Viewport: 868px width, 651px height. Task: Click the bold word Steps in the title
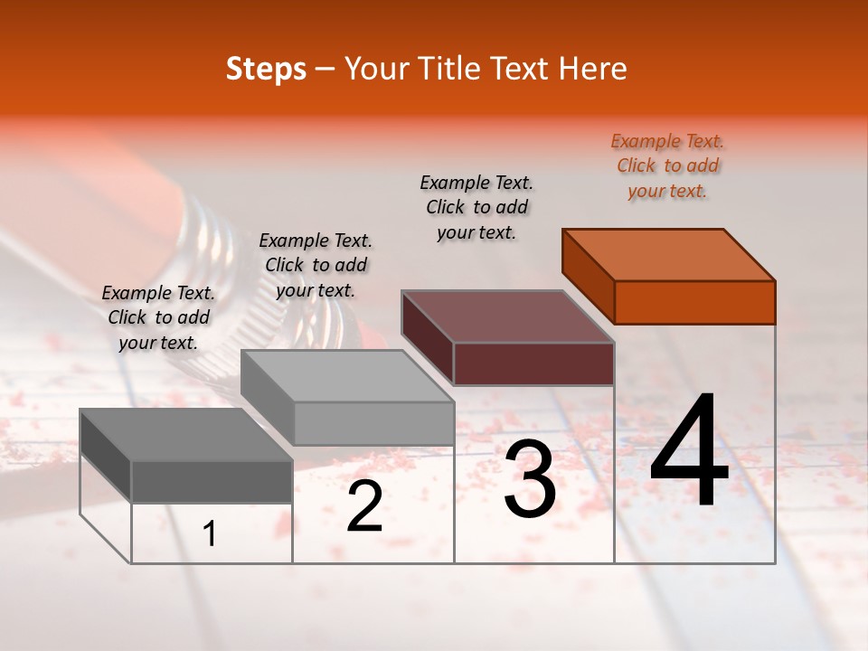point(266,69)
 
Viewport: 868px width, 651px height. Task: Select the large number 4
point(689,452)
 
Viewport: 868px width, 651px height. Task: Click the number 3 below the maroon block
point(530,479)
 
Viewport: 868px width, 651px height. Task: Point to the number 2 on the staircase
point(364,507)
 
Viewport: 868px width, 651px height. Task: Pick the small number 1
point(210,534)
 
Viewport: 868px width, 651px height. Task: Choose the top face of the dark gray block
point(186,435)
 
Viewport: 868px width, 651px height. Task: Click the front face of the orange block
point(694,302)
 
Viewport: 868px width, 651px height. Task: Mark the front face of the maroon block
point(533,363)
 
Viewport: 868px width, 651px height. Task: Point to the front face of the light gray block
point(373,423)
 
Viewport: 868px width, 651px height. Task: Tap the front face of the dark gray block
point(212,481)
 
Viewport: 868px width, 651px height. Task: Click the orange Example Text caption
point(667,165)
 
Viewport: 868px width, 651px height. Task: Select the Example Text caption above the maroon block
point(476,207)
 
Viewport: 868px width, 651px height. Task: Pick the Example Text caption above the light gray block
point(316,265)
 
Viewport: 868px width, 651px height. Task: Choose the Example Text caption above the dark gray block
point(158,317)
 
